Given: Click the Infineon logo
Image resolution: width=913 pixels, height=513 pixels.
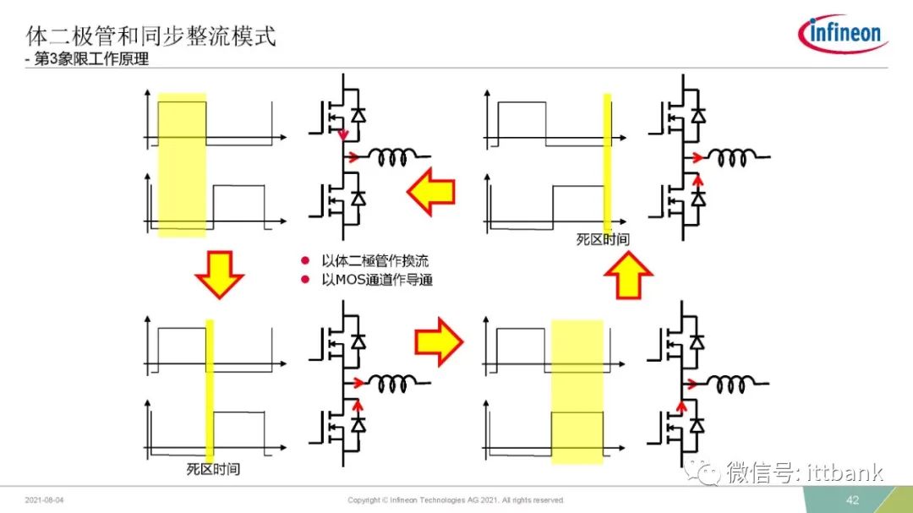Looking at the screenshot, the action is (843, 33).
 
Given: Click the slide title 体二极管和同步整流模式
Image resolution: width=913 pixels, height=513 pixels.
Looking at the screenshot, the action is (150, 36).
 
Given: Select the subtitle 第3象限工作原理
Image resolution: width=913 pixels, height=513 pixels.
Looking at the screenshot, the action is (91, 59).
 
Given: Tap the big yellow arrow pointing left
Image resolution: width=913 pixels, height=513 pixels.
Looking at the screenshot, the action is (431, 192).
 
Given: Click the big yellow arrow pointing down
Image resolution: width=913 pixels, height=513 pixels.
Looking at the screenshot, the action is (220, 275).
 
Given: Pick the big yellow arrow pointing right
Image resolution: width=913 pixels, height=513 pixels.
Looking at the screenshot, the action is (439, 341).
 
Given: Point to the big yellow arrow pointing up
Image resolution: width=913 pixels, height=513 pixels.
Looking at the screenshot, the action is (628, 276).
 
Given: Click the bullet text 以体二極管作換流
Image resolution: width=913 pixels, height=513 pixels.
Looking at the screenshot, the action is (375, 261).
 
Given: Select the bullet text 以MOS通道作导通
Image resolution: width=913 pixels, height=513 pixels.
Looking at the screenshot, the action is (377, 280).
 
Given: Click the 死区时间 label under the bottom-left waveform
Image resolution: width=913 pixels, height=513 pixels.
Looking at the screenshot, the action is (213, 469).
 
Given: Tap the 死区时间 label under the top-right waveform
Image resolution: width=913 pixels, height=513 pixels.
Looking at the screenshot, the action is (603, 239).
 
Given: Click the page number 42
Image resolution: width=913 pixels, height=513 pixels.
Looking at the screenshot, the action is (852, 500).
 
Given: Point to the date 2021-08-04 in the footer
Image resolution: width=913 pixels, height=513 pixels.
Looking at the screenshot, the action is (44, 500).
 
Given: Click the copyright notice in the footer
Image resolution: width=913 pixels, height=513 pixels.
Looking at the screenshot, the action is (456, 500).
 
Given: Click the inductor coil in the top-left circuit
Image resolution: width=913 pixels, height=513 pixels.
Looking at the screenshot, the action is (393, 156).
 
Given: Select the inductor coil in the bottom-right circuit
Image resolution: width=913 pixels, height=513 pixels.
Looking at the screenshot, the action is (731, 384).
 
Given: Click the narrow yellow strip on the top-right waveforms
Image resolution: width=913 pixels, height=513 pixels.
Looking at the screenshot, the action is (607, 162).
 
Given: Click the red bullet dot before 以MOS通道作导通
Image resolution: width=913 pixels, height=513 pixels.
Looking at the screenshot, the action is (304, 280).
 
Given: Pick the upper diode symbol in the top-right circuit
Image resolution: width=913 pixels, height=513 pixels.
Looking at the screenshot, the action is (697, 115).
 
